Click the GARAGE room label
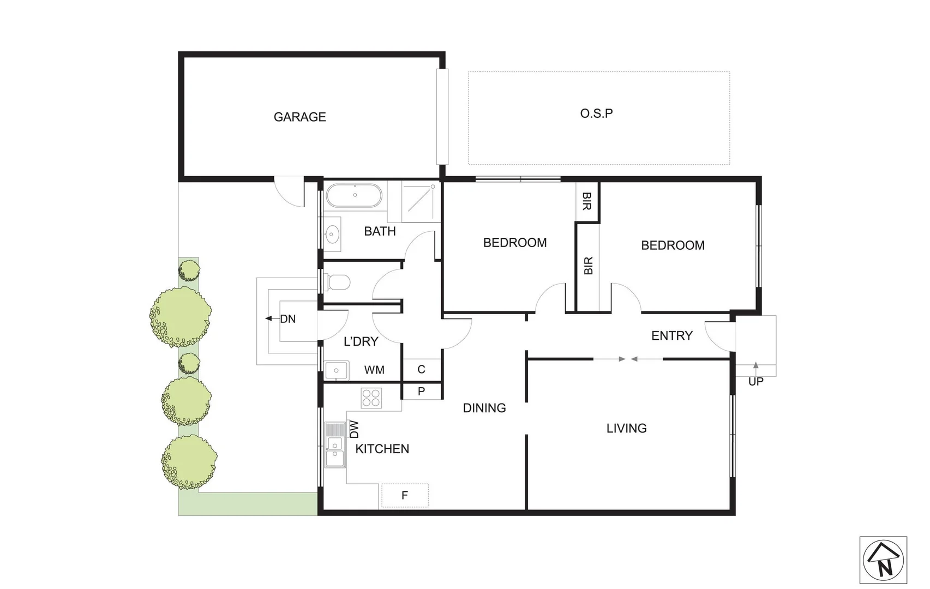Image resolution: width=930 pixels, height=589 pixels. coord(299,117)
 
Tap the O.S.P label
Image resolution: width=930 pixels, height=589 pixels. coord(596,113)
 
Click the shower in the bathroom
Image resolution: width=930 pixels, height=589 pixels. coord(421,201)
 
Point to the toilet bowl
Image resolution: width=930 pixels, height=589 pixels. coord(338,283)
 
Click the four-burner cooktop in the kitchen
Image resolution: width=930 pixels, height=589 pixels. coord(371,398)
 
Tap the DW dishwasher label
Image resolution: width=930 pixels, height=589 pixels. coord(355,429)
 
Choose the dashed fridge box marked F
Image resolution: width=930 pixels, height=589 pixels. coord(405,495)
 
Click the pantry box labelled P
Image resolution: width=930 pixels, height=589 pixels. coord(421,391)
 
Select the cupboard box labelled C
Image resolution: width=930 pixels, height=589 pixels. coord(421,369)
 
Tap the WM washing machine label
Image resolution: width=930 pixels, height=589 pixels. coord(374,370)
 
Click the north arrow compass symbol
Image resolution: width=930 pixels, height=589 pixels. coord(883,560)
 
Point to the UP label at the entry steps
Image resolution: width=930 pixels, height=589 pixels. coord(755,382)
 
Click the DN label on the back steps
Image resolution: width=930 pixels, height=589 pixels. coord(287,319)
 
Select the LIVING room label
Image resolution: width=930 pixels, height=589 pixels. coord(626,429)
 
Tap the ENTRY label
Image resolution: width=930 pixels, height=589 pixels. coord(671,335)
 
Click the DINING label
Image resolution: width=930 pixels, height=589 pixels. coord(484,408)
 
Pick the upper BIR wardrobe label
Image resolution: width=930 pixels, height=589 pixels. coord(587,201)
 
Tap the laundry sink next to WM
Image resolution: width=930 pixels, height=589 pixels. coord(337,370)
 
